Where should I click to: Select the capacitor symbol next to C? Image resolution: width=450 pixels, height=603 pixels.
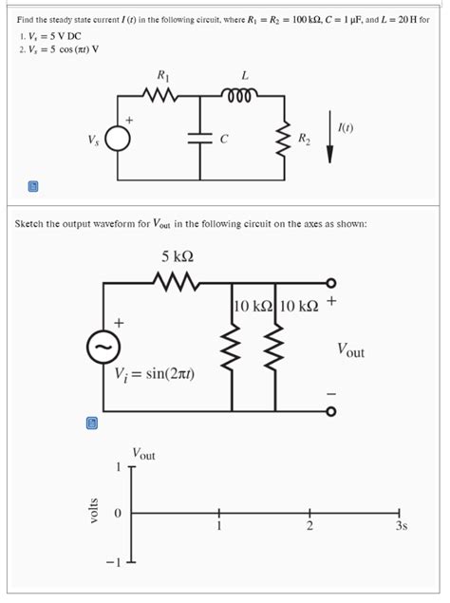coord(200,137)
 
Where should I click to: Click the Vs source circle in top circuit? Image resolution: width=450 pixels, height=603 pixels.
coord(117,139)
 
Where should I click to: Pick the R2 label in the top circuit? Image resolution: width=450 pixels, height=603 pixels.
coord(303,140)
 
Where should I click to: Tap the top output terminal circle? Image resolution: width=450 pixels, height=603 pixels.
coord(329,283)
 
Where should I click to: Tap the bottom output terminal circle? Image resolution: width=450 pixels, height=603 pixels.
coord(329,411)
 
